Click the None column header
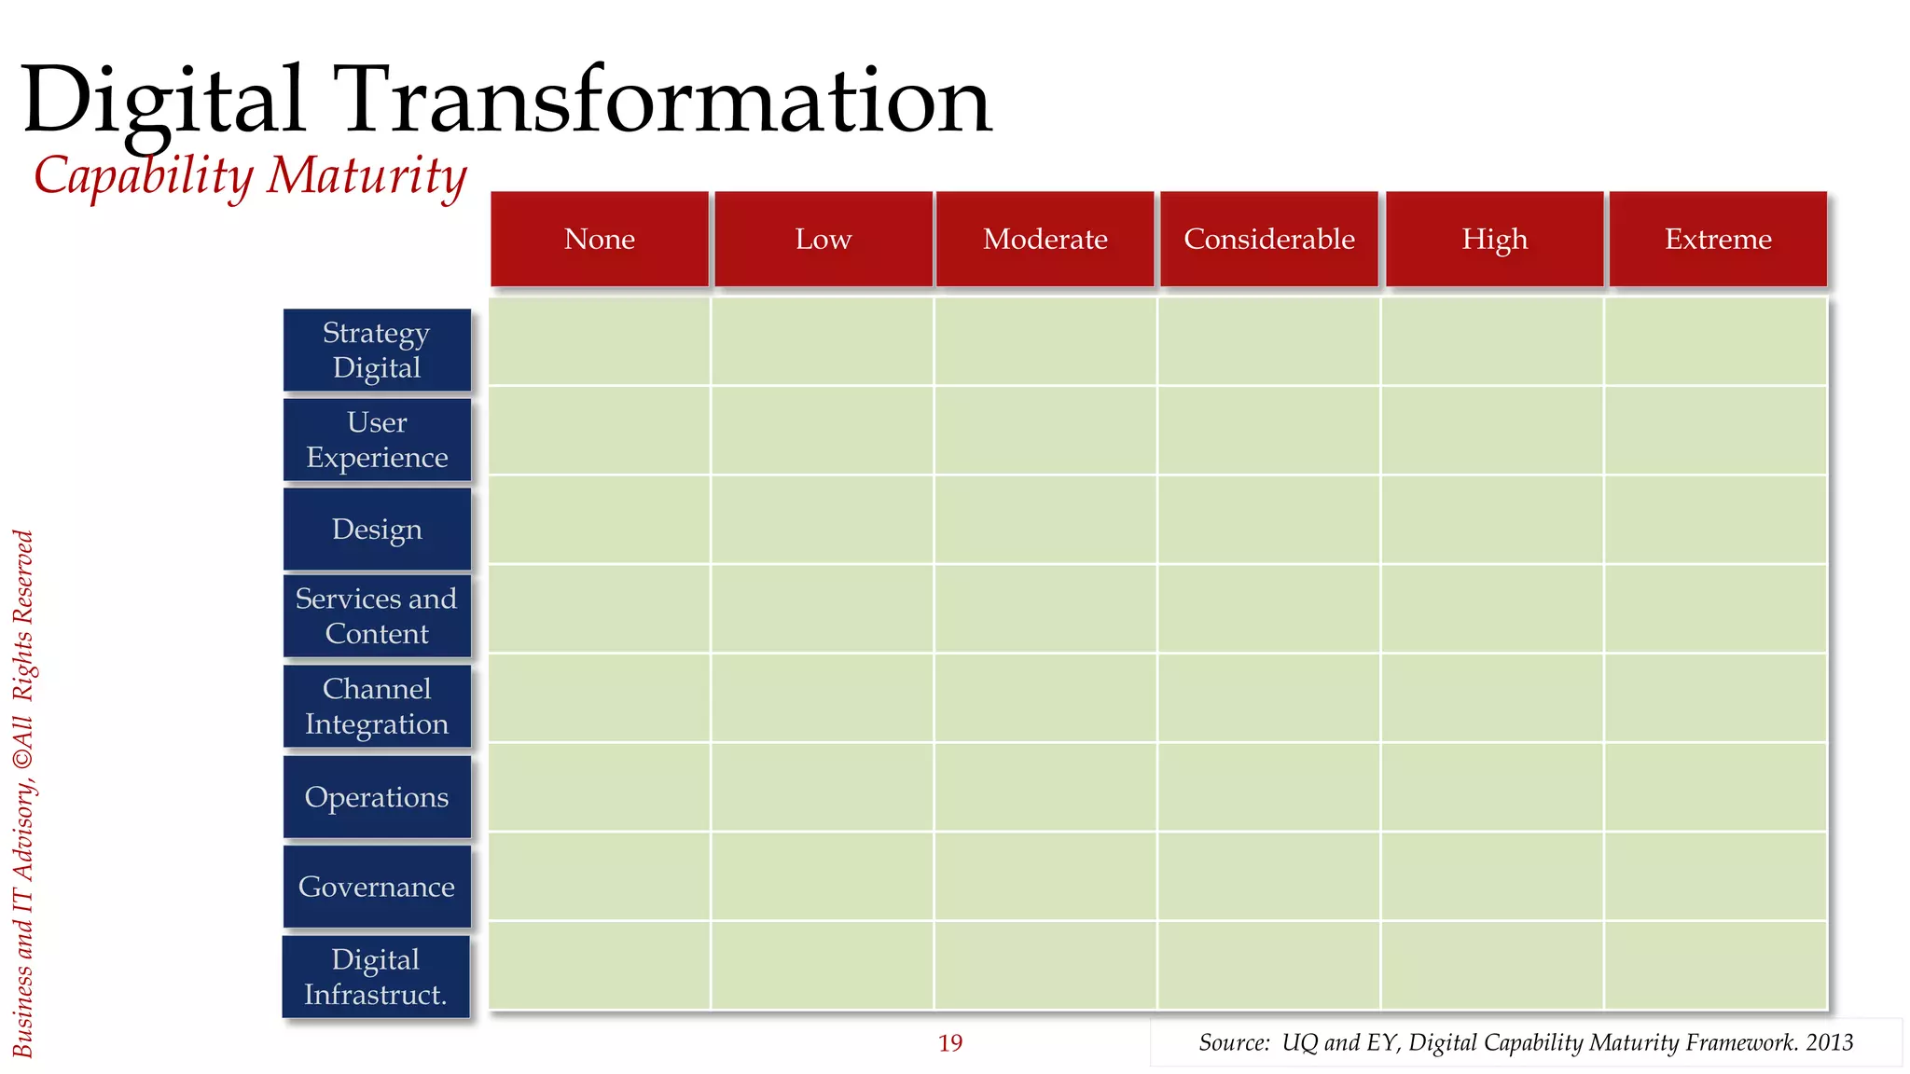(599, 239)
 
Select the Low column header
(823, 239)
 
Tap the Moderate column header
(1045, 239)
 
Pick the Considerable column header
(1268, 239)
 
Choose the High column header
(1494, 239)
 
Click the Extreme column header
(1718, 239)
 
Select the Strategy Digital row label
(377, 350)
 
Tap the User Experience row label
(377, 439)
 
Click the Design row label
(377, 529)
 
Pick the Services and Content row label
(377, 615)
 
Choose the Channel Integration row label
(377, 706)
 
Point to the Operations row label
(377, 796)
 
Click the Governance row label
(377, 886)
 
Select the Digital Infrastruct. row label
(376, 976)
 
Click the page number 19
(949, 1042)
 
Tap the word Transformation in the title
(667, 101)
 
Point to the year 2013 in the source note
(1829, 1042)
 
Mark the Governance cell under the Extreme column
(1715, 875)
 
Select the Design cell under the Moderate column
(1045, 519)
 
